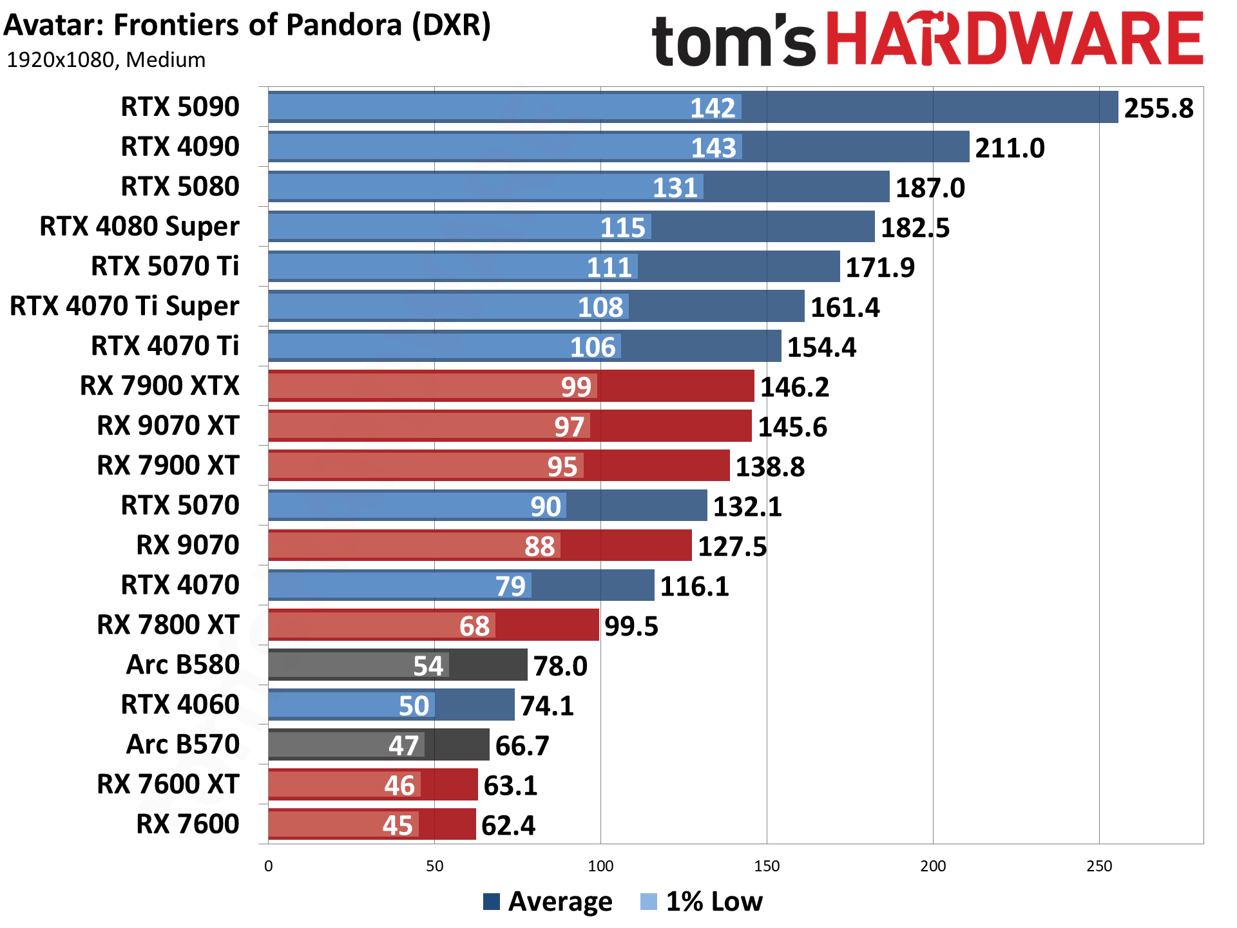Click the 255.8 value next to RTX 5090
[x=1158, y=108]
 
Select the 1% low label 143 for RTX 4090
[x=713, y=148]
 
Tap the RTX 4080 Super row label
[x=139, y=227]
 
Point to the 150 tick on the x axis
[x=766, y=866]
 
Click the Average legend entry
[x=548, y=901]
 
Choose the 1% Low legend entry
[x=702, y=901]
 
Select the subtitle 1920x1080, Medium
[x=106, y=60]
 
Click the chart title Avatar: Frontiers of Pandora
[x=247, y=25]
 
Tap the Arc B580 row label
[x=183, y=665]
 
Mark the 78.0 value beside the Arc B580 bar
[x=560, y=666]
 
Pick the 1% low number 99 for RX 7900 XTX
[x=575, y=387]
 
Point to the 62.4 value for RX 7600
[x=508, y=826]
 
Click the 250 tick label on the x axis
[x=1098, y=866]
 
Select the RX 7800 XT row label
[x=168, y=625]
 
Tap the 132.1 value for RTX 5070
[x=747, y=507]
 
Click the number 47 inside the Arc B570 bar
[x=403, y=746]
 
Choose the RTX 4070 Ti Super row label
[x=124, y=306]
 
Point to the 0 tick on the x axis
[x=269, y=866]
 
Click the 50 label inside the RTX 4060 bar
[x=414, y=706]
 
